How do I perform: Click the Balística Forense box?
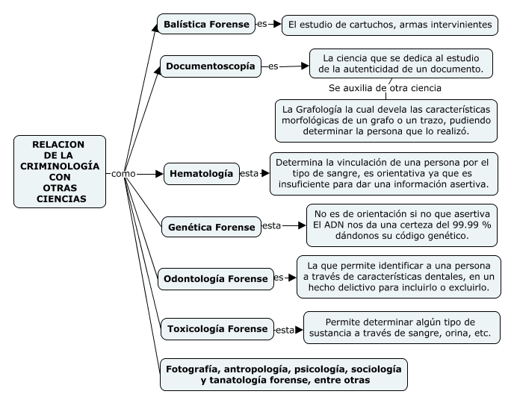(205, 25)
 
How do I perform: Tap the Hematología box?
(201, 174)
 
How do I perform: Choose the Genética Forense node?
(211, 225)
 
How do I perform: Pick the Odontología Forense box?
(215, 279)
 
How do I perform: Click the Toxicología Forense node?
(216, 328)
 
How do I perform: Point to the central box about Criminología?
(59, 172)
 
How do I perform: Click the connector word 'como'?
(123, 173)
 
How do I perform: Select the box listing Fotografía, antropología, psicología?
(283, 375)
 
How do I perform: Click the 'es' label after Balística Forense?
(261, 24)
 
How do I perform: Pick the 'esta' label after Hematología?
(250, 173)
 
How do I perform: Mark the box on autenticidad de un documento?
(401, 63)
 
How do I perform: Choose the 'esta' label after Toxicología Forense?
(285, 328)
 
